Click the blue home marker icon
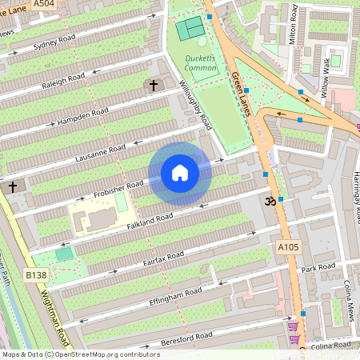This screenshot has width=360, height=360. tap(180, 173)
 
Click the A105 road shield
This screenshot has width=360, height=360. tap(289, 247)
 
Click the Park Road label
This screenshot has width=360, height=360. tap(318, 267)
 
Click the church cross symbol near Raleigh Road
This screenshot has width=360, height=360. tap(153, 85)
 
